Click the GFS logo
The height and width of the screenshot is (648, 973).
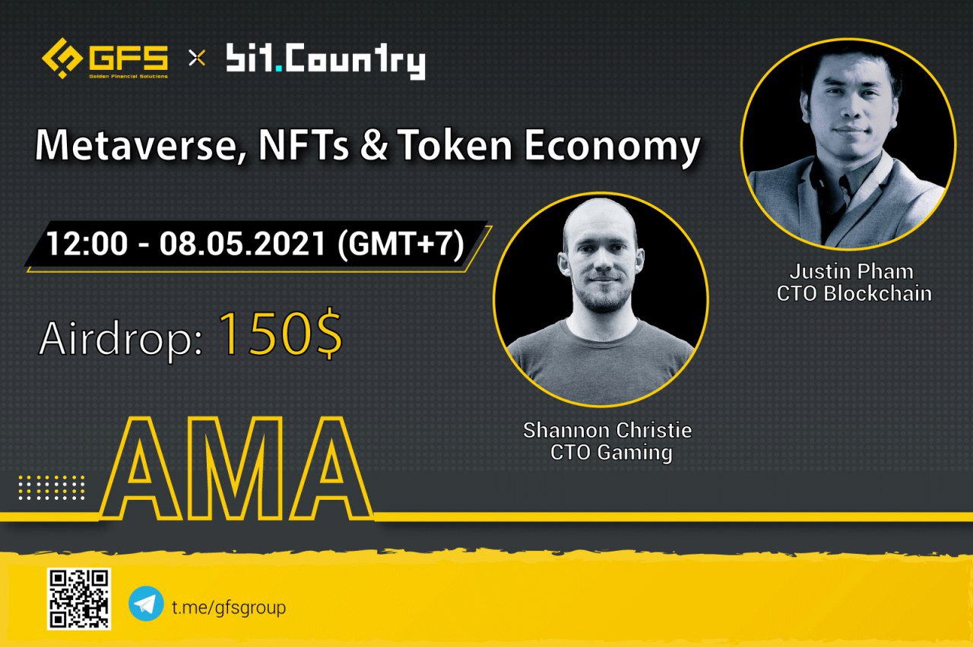[105, 58]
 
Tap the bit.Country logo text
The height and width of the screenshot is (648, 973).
[325, 61]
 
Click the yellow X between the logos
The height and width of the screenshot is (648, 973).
[197, 58]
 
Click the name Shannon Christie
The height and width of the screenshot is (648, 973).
[607, 431]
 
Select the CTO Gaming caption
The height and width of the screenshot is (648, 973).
[611, 454]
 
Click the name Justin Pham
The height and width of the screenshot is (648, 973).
[851, 271]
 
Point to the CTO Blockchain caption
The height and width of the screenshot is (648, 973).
[854, 293]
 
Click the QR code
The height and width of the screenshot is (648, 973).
[79, 599]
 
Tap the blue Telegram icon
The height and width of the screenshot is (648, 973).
[146, 605]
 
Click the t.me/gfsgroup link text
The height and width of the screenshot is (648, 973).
[228, 607]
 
